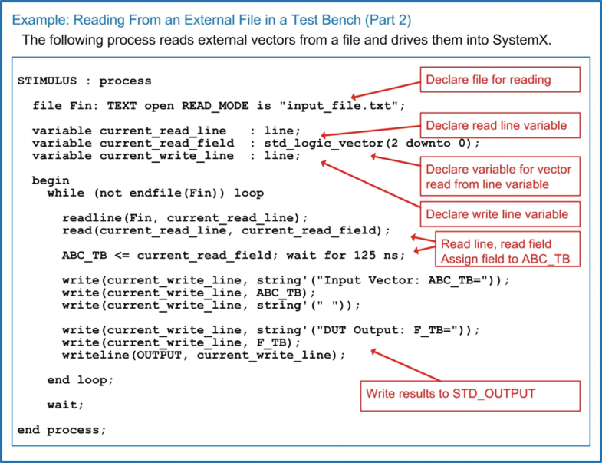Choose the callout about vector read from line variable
click(498, 177)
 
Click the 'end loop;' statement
click(80, 380)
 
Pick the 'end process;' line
click(61, 429)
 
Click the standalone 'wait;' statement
click(65, 405)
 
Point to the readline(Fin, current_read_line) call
click(185, 217)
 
